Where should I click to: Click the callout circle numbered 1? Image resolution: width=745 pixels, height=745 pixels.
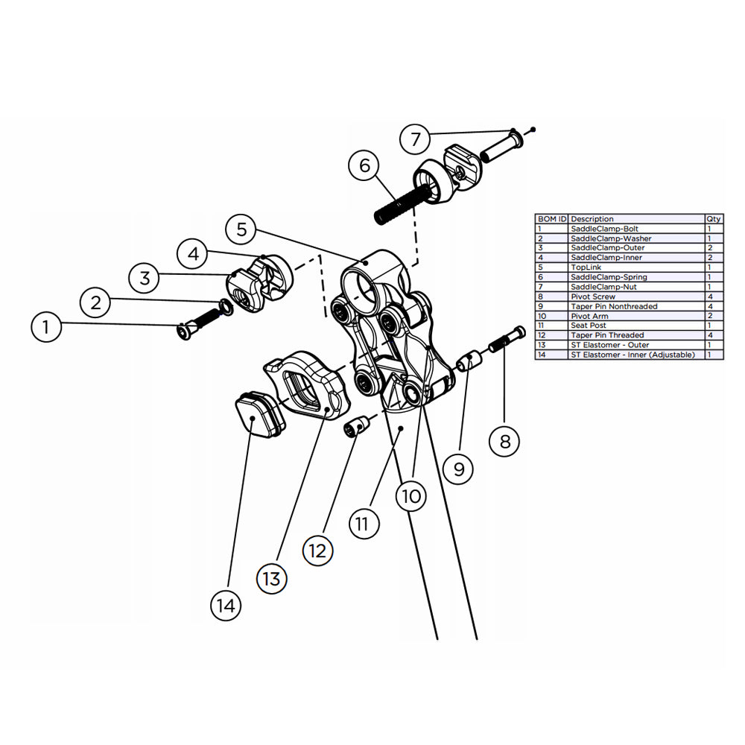(47, 327)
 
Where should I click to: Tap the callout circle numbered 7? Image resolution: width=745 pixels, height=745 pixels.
(416, 139)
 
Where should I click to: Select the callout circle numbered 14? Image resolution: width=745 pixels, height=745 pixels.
(226, 606)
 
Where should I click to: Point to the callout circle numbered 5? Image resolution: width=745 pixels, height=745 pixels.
(241, 229)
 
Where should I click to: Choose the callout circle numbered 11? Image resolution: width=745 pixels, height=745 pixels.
(362, 523)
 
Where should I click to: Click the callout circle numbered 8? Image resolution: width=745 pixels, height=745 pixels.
(504, 441)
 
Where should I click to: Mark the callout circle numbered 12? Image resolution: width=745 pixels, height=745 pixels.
(318, 551)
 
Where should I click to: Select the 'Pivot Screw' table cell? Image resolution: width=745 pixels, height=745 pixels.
(593, 297)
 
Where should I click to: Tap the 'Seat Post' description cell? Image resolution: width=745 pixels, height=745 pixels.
(589, 326)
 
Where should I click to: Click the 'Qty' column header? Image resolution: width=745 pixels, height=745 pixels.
(713, 219)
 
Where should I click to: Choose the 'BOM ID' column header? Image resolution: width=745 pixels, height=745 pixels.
(551, 219)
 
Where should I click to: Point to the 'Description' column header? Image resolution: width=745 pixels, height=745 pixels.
(592, 219)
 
